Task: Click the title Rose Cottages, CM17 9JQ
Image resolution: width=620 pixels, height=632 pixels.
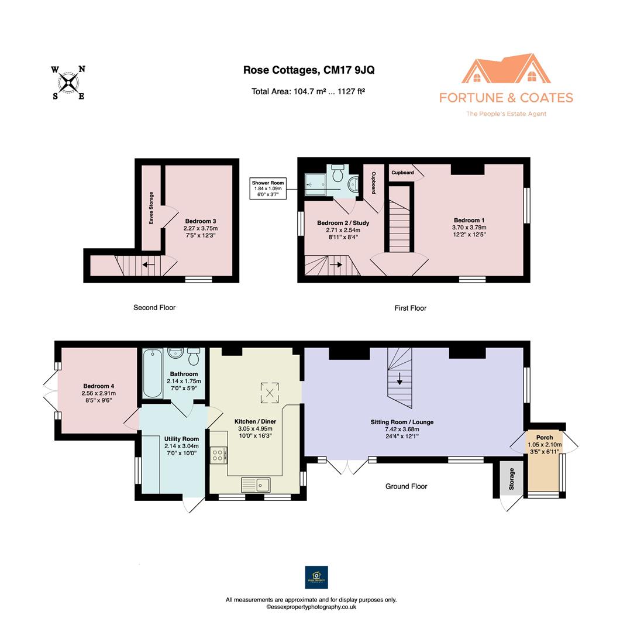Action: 309,70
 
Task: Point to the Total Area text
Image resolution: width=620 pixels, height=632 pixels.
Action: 308,91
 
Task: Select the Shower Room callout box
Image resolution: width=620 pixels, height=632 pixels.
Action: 268,188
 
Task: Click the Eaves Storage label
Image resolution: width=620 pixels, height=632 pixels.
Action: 151,208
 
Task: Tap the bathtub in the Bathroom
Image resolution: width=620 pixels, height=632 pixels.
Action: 153,373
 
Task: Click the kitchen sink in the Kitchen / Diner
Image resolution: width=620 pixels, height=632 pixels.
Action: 256,485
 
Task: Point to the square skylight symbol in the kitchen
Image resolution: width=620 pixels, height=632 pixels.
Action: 270,393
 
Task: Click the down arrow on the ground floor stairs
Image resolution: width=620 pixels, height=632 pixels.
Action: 399,379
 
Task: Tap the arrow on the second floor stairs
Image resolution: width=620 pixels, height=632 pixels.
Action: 149,265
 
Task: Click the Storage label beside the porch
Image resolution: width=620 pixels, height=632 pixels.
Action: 512,479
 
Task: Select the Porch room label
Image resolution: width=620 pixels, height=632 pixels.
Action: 545,437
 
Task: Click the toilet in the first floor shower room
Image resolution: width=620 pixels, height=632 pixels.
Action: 337,173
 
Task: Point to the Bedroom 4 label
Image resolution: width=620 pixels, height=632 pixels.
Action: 99,386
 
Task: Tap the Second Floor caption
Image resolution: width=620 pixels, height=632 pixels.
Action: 154,308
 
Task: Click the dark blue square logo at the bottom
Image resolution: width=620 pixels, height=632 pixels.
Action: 316,577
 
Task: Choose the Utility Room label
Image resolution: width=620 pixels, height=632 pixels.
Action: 181,439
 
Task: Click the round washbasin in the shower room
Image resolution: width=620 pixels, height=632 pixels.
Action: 353,184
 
